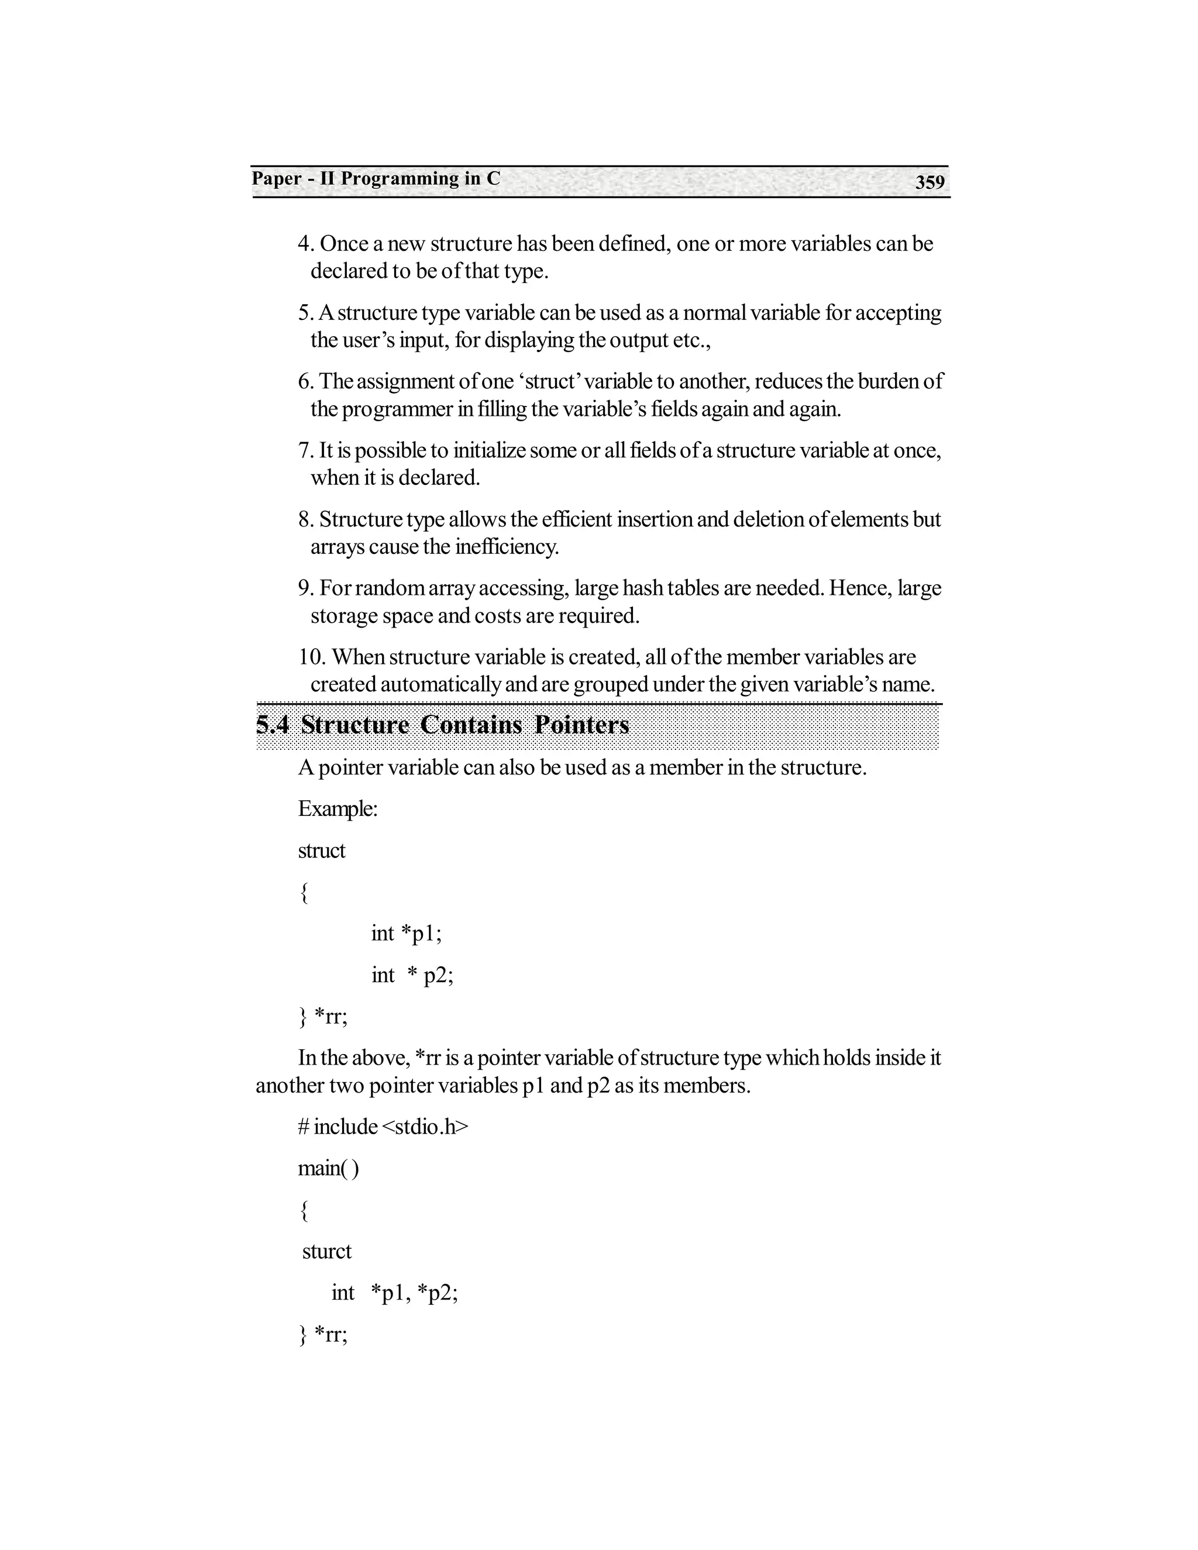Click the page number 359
tap(929, 182)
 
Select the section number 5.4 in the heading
tap(273, 725)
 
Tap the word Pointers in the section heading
tap(581, 725)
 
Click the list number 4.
tap(305, 243)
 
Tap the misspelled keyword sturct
tap(326, 1251)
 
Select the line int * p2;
tap(412, 974)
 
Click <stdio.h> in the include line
tap(425, 1127)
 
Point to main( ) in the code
tap(328, 1167)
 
